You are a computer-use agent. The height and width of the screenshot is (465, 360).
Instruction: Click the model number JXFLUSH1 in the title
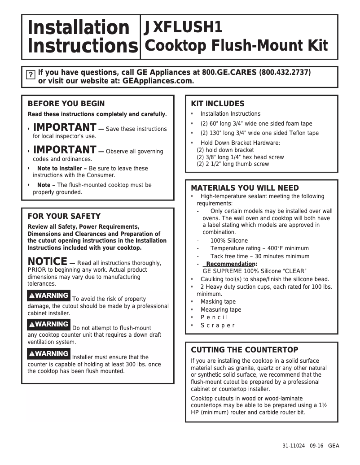tap(183, 27)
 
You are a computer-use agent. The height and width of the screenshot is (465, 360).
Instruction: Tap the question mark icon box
tap(30, 75)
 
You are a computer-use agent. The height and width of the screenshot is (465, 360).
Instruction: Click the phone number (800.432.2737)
tap(285, 72)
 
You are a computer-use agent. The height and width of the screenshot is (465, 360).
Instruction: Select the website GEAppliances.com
tap(158, 81)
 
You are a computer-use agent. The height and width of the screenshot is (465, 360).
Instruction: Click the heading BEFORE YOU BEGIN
tap(66, 104)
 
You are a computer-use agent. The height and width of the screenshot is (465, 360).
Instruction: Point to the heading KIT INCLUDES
tap(218, 104)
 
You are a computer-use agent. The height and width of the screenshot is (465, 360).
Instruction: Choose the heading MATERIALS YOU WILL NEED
tap(245, 188)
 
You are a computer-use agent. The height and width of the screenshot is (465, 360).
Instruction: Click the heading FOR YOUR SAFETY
tap(64, 216)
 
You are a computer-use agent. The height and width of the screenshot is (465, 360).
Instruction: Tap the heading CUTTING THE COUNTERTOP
tap(244, 350)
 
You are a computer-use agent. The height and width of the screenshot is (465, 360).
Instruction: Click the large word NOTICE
tap(47, 261)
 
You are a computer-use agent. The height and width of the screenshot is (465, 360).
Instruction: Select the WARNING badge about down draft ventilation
tap(48, 324)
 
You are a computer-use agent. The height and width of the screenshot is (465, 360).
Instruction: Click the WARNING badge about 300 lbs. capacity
tap(48, 353)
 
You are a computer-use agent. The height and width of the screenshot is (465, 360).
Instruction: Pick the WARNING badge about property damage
tap(48, 296)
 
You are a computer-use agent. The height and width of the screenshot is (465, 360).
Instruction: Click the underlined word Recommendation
tap(230, 264)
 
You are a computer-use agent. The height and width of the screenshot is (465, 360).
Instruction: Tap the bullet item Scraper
tap(217, 326)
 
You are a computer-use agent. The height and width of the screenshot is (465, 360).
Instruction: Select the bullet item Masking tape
tap(218, 302)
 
